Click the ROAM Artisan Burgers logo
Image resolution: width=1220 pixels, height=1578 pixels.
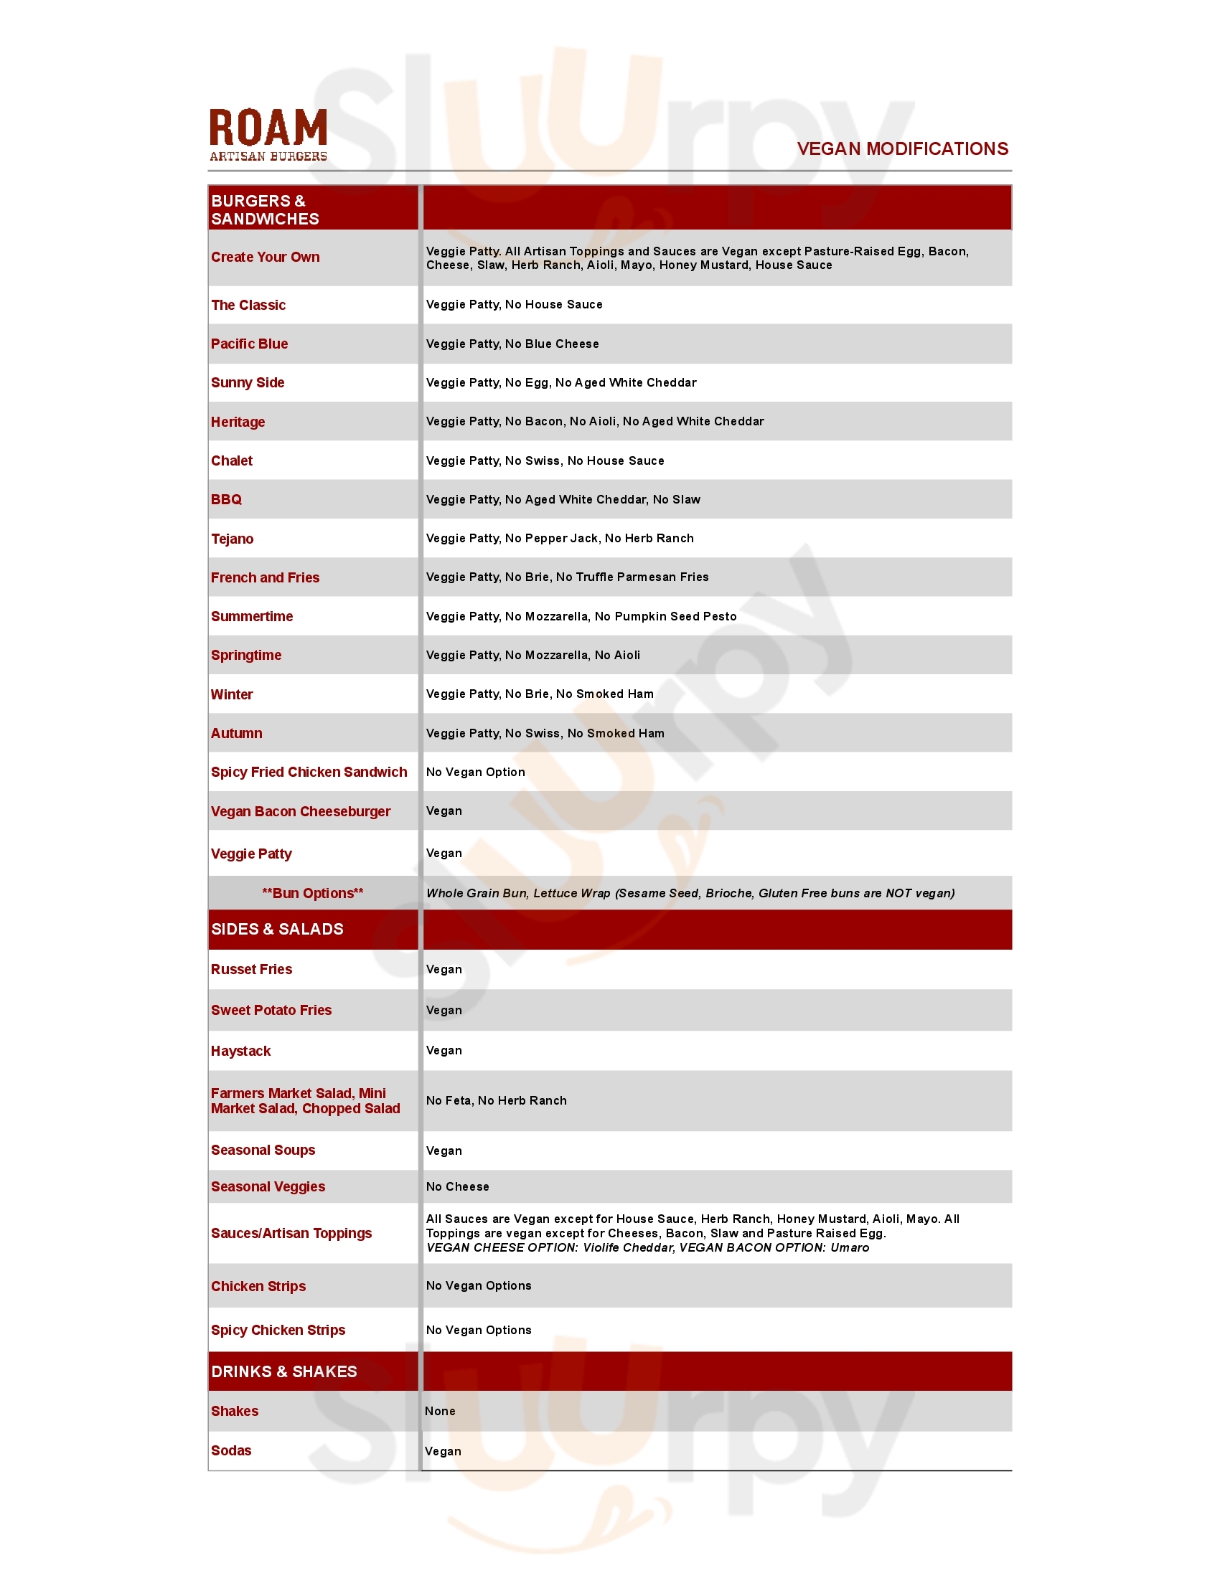point(268,135)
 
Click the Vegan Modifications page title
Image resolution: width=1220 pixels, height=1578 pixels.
point(902,149)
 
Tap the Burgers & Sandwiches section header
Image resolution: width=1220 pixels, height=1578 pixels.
point(265,209)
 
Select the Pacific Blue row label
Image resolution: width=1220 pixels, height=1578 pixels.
point(249,344)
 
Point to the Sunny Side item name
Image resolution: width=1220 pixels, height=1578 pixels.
point(247,383)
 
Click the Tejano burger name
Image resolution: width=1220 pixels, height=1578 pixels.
point(232,539)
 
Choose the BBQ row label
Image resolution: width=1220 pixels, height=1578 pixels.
point(226,500)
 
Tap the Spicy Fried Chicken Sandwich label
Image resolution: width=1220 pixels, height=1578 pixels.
point(309,773)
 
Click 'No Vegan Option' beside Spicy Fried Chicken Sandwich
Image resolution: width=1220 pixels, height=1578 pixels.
point(476,773)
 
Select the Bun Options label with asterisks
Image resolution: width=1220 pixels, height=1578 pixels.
point(312,893)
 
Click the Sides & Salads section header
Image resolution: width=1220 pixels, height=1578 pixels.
point(277,929)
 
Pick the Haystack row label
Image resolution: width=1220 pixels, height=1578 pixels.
point(240,1052)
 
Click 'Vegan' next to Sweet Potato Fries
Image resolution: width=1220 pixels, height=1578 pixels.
point(444,1010)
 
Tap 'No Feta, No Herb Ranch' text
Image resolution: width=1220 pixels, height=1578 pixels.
point(496,1100)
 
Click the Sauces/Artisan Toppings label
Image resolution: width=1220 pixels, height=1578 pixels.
point(291,1234)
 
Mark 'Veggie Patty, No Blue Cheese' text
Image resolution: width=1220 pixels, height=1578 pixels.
point(512,344)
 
